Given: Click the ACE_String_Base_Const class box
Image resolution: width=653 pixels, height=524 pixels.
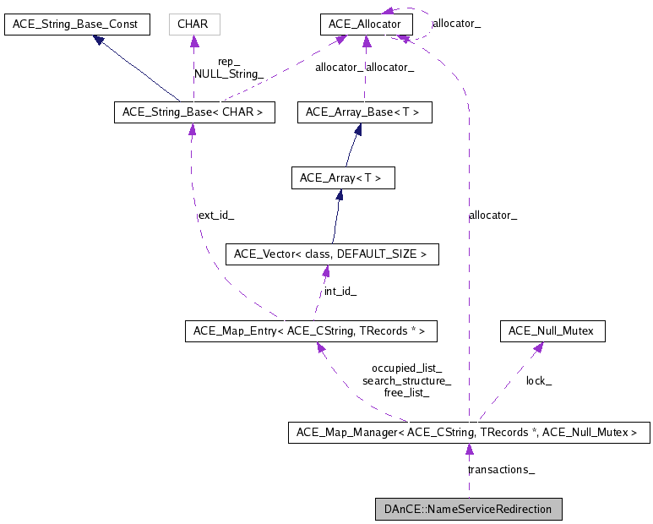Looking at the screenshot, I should pos(77,25).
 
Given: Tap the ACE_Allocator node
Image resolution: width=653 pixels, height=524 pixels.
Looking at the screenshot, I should pos(366,25).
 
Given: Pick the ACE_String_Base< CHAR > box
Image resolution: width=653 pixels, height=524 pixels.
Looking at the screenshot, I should pos(194,112).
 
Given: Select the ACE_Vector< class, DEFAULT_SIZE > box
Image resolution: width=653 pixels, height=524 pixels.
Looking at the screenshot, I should pos(331,254).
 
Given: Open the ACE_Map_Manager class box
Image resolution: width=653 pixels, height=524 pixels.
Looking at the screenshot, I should pos(469,433).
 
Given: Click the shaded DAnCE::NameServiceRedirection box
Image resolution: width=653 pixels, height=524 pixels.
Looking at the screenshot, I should pos(468,509).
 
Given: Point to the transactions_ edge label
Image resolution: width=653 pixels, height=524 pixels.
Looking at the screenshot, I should pos(501,469).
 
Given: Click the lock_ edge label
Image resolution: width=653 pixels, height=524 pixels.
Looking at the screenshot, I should pos(539,381).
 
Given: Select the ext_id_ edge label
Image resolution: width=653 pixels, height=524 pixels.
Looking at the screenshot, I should pos(215,216).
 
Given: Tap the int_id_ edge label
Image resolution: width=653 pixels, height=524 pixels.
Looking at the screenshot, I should pos(340,292).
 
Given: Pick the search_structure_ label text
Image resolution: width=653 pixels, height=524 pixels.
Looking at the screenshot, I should pos(406,381).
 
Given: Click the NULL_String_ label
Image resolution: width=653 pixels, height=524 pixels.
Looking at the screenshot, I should pos(229,74).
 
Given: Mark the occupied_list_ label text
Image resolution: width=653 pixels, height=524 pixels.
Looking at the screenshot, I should pos(406,368).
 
